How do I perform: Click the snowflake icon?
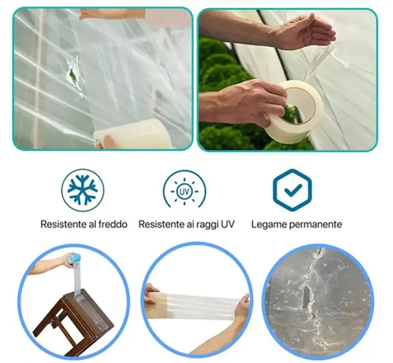pyautogui.click(x=83, y=190)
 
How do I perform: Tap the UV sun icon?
pyautogui.click(x=185, y=192)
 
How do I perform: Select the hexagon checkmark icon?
pyautogui.click(x=292, y=190)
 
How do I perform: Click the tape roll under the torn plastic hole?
pyautogui.click(x=132, y=133)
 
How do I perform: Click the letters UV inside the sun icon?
pyautogui.click(x=185, y=192)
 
